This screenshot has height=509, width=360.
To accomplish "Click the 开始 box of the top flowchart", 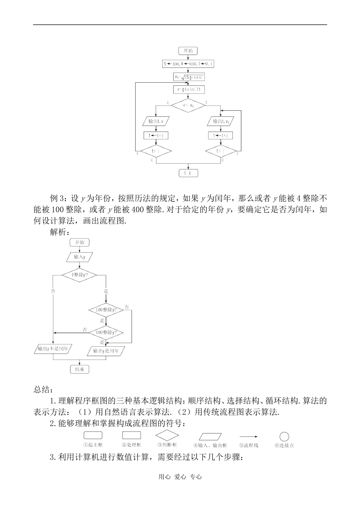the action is pyautogui.click(x=188, y=51).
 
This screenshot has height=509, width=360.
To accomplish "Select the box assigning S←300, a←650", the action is pyautogui.click(x=188, y=64).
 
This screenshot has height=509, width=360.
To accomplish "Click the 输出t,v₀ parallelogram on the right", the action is pyautogui.click(x=221, y=121).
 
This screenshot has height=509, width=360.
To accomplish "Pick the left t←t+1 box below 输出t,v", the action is pyautogui.click(x=157, y=135).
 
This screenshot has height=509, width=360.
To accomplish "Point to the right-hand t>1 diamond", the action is pyautogui.click(x=221, y=151).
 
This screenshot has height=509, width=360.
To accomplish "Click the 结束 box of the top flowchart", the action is pyautogui.click(x=188, y=173).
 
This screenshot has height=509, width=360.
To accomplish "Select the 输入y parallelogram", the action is pyautogui.click(x=80, y=257).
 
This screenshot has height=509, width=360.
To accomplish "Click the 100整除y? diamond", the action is pyautogui.click(x=106, y=310).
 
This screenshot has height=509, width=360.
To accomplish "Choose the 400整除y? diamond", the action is pyautogui.click(x=106, y=332).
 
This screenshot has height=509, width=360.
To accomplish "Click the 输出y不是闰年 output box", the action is pyautogui.click(x=53, y=349).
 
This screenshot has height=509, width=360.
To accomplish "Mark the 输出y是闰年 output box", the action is pyautogui.click(x=106, y=351).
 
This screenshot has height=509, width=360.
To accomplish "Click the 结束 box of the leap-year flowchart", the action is pyautogui.click(x=80, y=369).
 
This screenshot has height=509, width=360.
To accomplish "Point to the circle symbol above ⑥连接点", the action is pyautogui.click(x=284, y=437).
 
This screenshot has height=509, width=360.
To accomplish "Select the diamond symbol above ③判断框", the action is pyautogui.click(x=167, y=435).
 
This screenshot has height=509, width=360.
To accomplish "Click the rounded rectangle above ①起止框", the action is pyautogui.click(x=93, y=436).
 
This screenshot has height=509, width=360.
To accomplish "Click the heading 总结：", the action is pyautogui.click(x=44, y=390).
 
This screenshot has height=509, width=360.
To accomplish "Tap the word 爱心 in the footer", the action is pyautogui.click(x=180, y=477).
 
